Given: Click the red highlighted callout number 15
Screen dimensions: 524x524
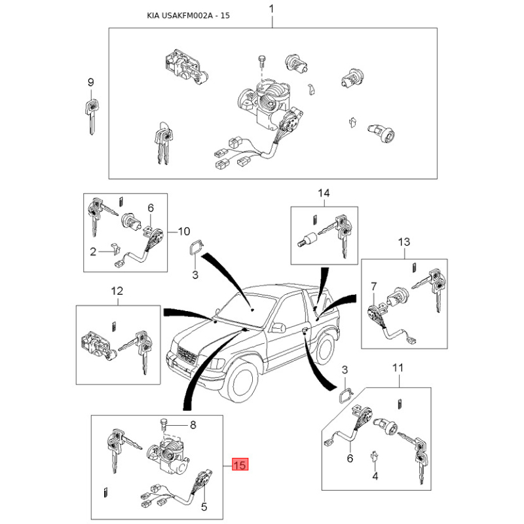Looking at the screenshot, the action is click(240, 464).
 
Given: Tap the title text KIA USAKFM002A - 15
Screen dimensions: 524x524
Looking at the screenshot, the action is click(188, 16).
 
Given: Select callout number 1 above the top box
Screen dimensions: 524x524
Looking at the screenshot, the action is click(271, 9).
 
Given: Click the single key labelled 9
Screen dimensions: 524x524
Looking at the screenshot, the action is click(92, 117).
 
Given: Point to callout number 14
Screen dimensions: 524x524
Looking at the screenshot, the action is click(324, 193).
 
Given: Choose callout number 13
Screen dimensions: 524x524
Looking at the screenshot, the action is click(403, 242).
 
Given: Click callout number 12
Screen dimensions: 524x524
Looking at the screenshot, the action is click(117, 291).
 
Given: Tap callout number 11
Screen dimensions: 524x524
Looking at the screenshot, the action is click(398, 368).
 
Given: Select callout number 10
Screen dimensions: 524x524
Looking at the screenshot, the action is click(184, 231).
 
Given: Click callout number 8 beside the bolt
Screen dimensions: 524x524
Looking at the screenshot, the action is click(193, 424).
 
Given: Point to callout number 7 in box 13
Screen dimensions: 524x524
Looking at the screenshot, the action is click(373, 286).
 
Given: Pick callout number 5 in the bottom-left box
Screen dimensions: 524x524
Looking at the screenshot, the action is click(204, 507).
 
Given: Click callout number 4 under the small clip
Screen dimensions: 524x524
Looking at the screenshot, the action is click(375, 476).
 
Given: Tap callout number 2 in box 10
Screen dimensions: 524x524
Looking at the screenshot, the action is click(93, 252).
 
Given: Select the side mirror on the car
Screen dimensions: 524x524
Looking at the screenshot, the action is click(279, 327).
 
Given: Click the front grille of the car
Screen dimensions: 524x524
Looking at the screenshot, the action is click(187, 355).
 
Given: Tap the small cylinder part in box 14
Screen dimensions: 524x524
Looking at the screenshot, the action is click(307, 240).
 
